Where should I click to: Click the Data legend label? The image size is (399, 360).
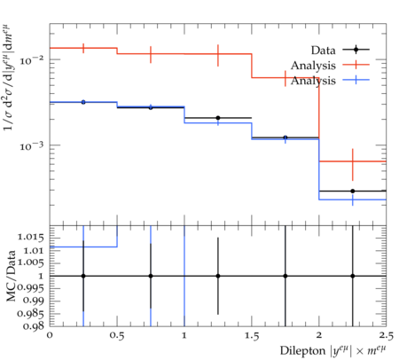pyautogui.click(x=323, y=51)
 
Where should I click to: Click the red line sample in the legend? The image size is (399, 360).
pyautogui.click(x=356, y=65)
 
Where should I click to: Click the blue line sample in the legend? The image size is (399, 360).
pyautogui.click(x=356, y=80)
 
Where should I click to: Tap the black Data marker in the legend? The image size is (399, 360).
pyautogui.click(x=356, y=50)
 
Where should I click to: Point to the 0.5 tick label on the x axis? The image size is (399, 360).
pyautogui.click(x=117, y=336)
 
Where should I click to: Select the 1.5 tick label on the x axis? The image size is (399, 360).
pyautogui.click(x=252, y=336)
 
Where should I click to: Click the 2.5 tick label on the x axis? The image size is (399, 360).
pyautogui.click(x=386, y=336)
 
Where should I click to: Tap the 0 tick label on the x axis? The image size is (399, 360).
pyautogui.click(x=50, y=335)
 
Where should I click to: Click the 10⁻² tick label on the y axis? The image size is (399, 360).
pyautogui.click(x=31, y=59)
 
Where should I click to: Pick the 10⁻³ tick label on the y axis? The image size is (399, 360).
pyautogui.click(x=31, y=145)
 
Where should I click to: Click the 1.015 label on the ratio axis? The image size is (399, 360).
pyautogui.click(x=31, y=237)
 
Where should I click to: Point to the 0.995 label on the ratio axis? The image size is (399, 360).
pyautogui.click(x=31, y=288)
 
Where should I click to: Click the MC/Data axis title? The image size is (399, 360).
pyautogui.click(x=12, y=276)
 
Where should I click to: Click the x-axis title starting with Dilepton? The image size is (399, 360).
pyautogui.click(x=333, y=350)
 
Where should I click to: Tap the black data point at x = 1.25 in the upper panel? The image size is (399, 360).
pyautogui.click(x=218, y=118)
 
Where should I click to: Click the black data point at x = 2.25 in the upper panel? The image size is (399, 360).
pyautogui.click(x=353, y=191)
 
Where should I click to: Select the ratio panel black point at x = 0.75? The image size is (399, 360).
pyautogui.click(x=151, y=276)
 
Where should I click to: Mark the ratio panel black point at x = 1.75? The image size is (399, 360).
pyautogui.click(x=286, y=276)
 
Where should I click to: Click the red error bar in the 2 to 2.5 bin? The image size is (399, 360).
pyautogui.click(x=353, y=164)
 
